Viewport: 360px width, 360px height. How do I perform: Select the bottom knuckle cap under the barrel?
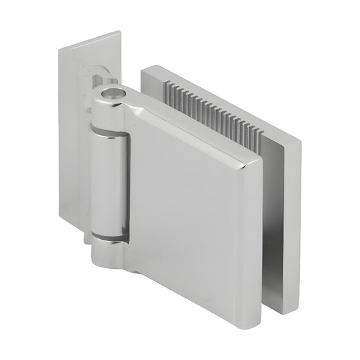click(108, 255)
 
